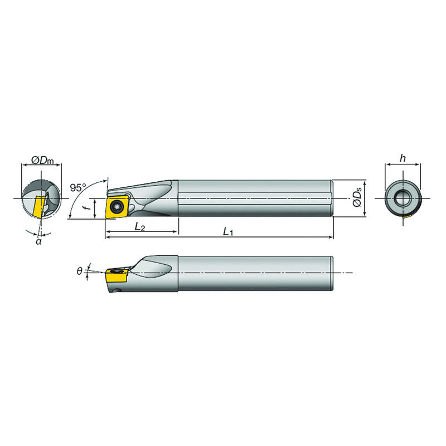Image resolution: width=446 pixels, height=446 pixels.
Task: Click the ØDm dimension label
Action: [42, 161]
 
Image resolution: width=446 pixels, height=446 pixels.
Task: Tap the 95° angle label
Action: [78, 187]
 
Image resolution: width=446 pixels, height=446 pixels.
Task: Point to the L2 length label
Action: [140, 227]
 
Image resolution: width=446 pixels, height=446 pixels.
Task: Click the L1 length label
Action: [228, 232]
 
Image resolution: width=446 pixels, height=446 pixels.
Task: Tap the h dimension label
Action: [403, 158]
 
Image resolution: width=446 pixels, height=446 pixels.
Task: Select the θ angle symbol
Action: [80, 272]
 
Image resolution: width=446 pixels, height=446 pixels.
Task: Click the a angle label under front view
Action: [38, 241]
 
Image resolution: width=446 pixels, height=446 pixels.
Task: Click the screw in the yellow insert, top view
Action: [117, 206]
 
